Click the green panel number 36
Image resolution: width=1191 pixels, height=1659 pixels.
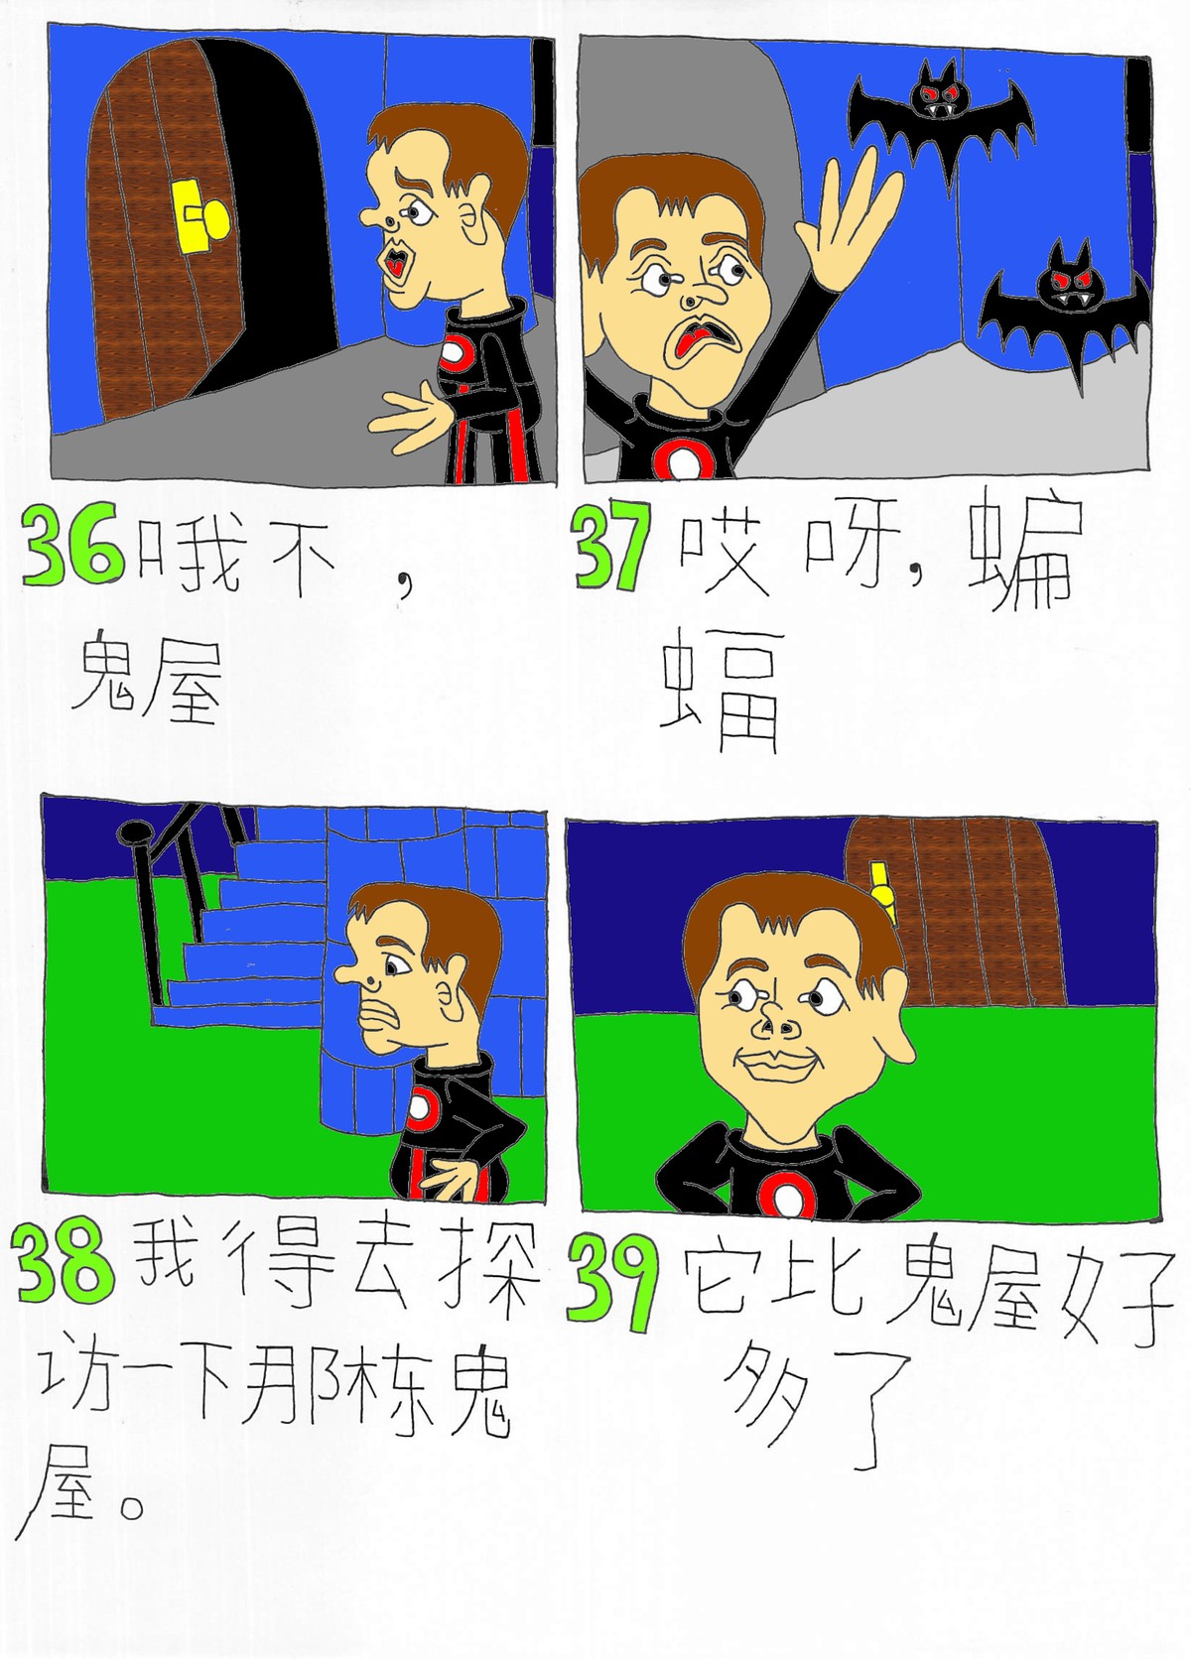coord(72,544)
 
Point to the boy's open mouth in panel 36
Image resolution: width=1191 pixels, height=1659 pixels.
coord(394,261)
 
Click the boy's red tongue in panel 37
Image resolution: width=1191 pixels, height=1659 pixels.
coord(683,340)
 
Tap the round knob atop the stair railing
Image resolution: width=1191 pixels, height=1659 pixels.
coord(131,834)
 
